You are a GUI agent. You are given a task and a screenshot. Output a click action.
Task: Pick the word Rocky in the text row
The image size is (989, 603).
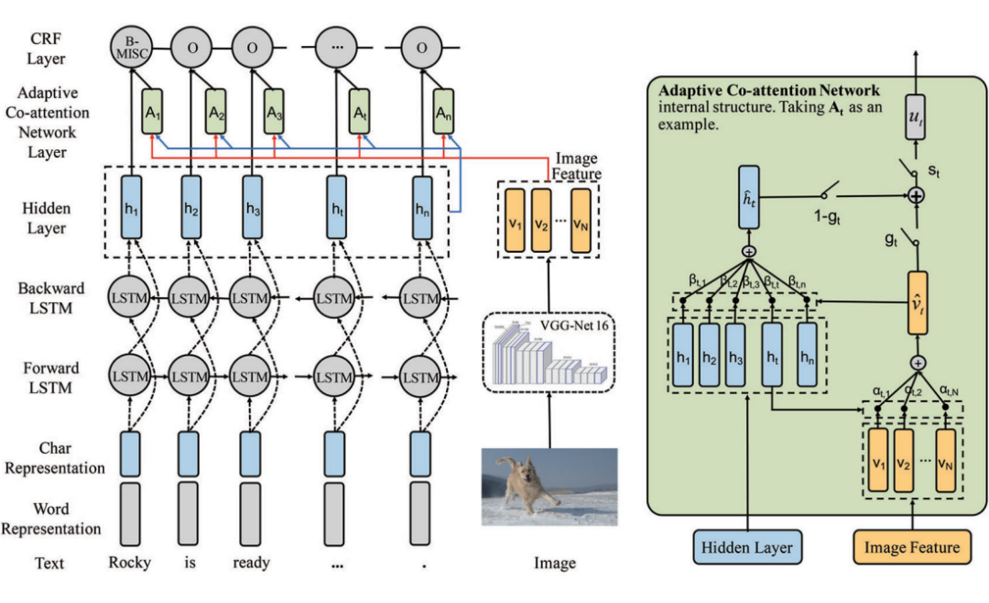129,563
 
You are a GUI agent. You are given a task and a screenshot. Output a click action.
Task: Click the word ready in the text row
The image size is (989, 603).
251,563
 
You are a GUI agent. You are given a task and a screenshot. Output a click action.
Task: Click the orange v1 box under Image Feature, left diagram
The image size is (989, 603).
513,222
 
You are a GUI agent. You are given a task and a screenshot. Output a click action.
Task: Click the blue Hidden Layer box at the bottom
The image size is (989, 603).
746,548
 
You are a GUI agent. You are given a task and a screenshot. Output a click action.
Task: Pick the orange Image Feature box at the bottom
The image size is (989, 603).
911,548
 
